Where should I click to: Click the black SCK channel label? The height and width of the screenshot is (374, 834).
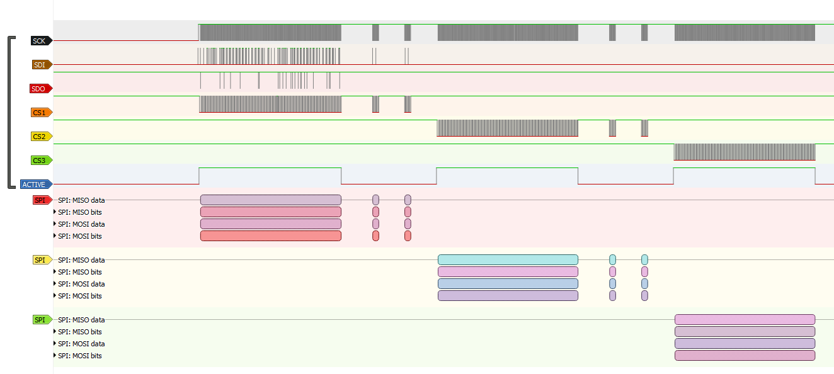coord(40,41)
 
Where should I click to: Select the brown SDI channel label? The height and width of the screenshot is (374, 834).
coord(40,65)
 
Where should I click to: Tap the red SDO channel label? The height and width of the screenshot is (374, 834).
coord(39,89)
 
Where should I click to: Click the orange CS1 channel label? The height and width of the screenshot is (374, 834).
coord(40,113)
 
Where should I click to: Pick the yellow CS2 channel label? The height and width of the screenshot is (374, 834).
coord(40,137)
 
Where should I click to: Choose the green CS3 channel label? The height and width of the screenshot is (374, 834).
coord(40,161)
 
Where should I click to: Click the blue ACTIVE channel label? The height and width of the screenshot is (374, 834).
coord(35,184)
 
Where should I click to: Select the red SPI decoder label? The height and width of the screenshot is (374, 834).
coord(42,200)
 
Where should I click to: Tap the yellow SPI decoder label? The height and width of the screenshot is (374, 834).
coord(42,260)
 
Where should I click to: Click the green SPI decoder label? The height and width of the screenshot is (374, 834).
coord(42,320)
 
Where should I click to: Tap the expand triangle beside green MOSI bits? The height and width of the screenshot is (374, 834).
coord(55,356)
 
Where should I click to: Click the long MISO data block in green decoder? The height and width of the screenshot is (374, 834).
coord(745,320)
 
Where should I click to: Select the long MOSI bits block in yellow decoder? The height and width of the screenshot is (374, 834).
coord(508,296)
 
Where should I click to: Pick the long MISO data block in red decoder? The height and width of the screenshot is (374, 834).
coord(271,200)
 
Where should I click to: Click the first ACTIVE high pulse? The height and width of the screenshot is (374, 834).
coord(270,169)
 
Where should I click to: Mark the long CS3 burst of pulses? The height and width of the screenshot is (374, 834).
coord(745,152)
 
